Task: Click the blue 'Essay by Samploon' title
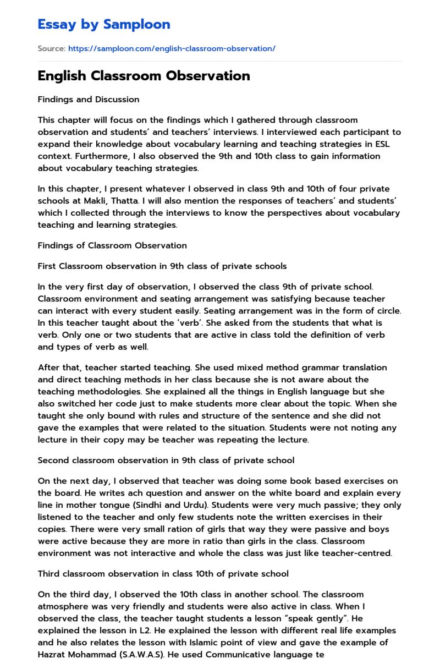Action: pos(104,24)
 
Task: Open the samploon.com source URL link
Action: pos(172,48)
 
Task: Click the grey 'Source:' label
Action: pos(52,48)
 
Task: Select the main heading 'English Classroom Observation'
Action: pos(144,76)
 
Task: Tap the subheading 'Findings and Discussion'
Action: pos(89,100)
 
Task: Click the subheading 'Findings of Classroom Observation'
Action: pos(112,245)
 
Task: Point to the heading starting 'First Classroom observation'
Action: pos(162,266)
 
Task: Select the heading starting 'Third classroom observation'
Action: pos(163,574)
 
